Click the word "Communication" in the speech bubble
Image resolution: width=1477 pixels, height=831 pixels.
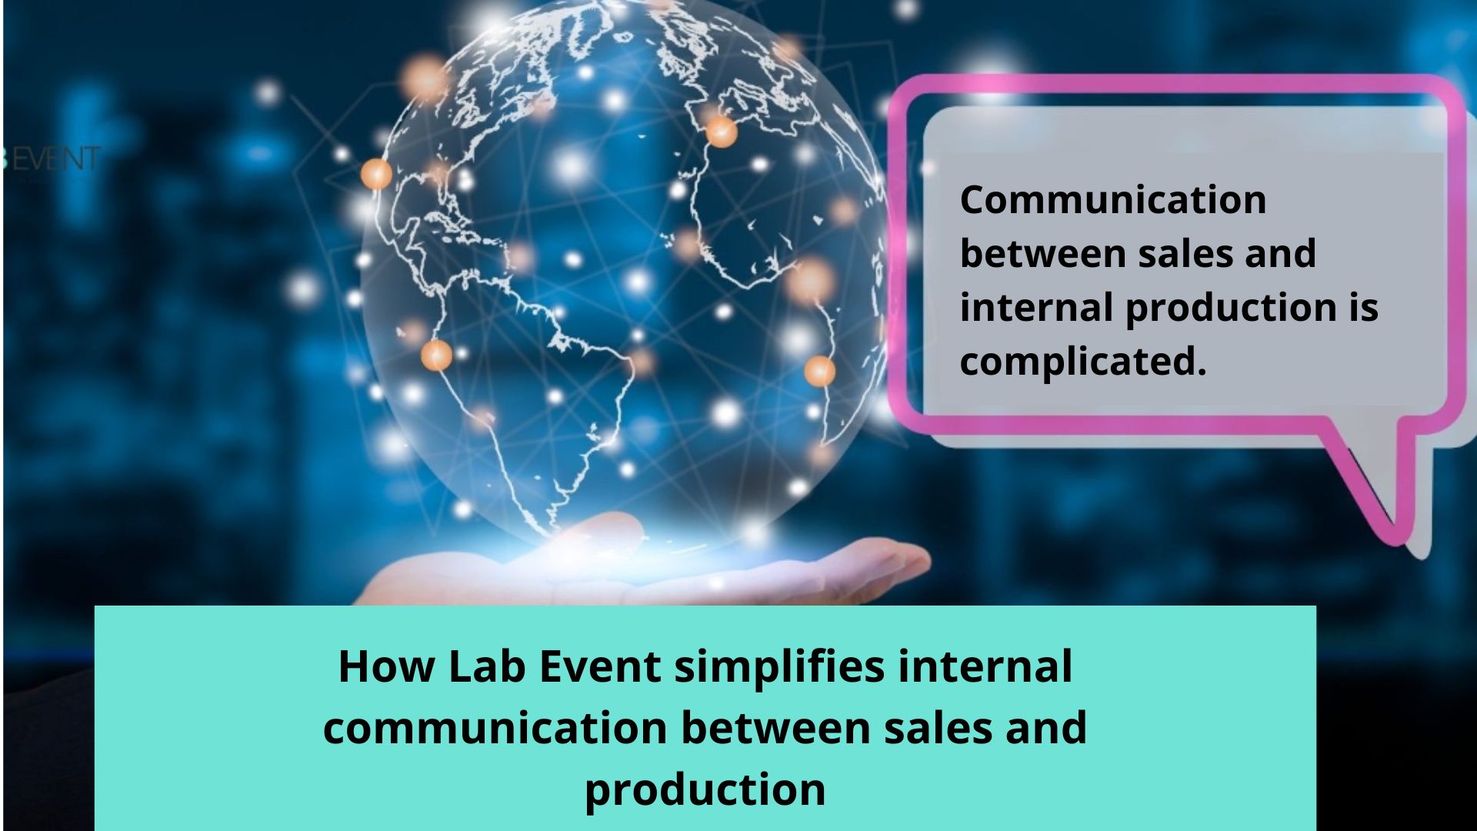1112,201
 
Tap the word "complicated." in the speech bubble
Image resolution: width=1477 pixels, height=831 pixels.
1082,362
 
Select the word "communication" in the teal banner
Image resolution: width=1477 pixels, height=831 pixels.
494,729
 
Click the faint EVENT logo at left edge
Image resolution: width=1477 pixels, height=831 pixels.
54,159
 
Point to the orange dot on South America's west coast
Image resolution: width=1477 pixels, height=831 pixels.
436,355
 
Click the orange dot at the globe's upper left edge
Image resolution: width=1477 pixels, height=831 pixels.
376,174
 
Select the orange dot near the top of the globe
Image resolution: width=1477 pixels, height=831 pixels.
721,132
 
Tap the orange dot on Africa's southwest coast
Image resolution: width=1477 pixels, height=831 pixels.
819,371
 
